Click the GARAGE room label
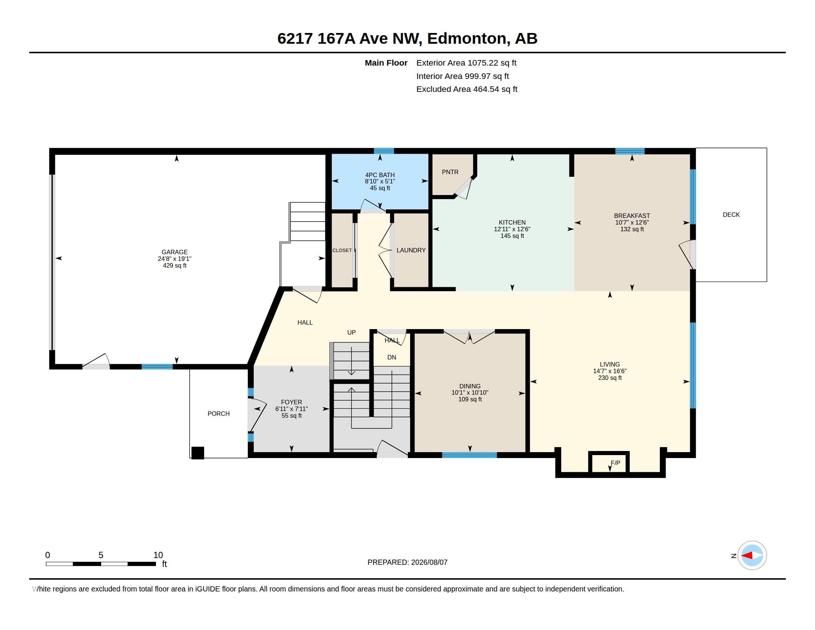pyautogui.click(x=174, y=252)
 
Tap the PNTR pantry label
pyautogui.click(x=450, y=172)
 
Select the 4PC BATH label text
pyautogui.click(x=380, y=175)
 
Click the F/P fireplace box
pyautogui.click(x=609, y=463)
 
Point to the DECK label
pyautogui.click(x=731, y=215)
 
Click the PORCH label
pyautogui.click(x=219, y=414)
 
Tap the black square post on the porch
pyautogui.click(x=198, y=453)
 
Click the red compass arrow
pyautogui.click(x=747, y=556)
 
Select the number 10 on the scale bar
pyautogui.click(x=158, y=555)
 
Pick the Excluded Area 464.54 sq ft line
pyautogui.click(x=467, y=89)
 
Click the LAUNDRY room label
pyautogui.click(x=411, y=250)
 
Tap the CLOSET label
pyautogui.click(x=342, y=250)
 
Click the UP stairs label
pyautogui.click(x=352, y=332)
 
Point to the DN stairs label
pyautogui.click(x=392, y=357)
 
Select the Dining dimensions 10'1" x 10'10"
pyautogui.click(x=470, y=392)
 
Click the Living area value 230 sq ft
pyautogui.click(x=610, y=378)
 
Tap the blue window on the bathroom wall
pyautogui.click(x=384, y=151)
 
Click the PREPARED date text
pyautogui.click(x=408, y=562)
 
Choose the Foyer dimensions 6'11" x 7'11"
pyautogui.click(x=292, y=409)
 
